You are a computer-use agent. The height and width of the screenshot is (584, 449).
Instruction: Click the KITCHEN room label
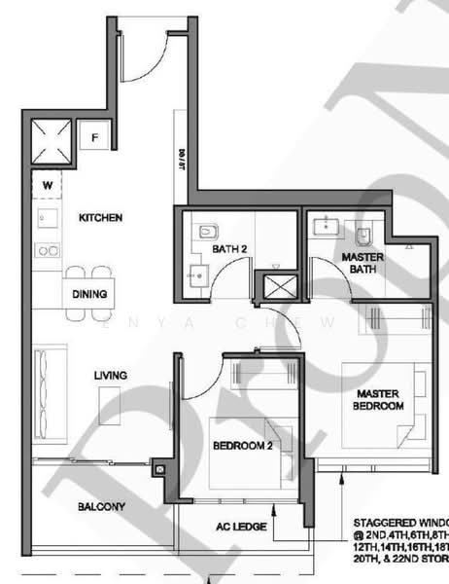[x=101, y=217]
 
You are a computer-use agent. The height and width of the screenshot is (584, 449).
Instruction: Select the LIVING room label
[x=111, y=375]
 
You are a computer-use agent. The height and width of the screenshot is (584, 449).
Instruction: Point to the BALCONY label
[x=102, y=506]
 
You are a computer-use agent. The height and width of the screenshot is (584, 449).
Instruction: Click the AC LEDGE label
[x=240, y=527]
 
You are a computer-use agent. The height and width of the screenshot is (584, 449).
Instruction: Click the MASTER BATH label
[x=362, y=262]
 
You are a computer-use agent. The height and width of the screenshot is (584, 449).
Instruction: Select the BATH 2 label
[x=231, y=249]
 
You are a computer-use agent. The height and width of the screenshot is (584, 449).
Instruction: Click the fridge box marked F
[x=94, y=138]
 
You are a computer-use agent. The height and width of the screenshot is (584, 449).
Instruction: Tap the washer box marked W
[x=46, y=184]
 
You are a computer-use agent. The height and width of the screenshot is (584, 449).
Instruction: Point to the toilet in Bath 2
[x=206, y=234]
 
